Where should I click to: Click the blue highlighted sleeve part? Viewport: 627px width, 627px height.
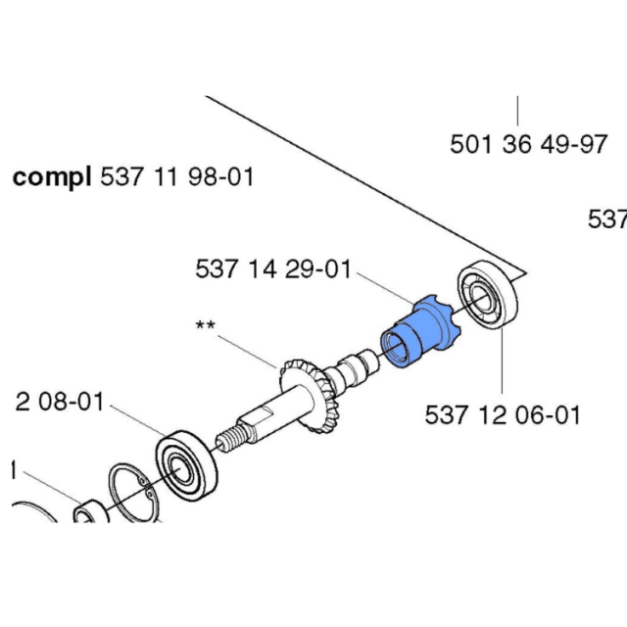pyautogui.click(x=419, y=333)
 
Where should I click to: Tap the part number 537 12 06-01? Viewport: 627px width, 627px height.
pyautogui.click(x=503, y=414)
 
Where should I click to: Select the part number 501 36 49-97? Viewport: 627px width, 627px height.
pyautogui.click(x=529, y=145)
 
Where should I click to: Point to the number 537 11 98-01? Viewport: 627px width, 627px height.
pyautogui.click(x=177, y=178)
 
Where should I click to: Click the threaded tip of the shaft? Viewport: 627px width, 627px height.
pyautogui.click(x=227, y=440)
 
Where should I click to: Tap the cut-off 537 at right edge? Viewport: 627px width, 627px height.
pyautogui.click(x=607, y=219)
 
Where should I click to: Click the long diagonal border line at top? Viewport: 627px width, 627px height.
pyautogui.click(x=362, y=181)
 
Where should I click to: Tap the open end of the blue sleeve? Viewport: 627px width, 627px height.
pyautogui.click(x=396, y=347)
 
